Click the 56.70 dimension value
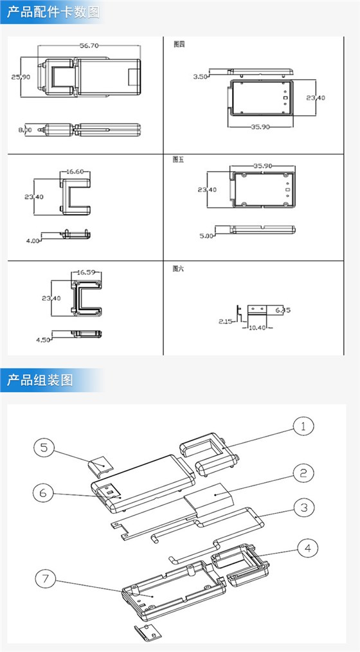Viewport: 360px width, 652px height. (89, 46)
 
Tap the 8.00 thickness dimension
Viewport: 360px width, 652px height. (25, 130)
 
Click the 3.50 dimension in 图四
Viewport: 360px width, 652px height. (200, 77)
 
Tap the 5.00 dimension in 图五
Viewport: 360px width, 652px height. (206, 236)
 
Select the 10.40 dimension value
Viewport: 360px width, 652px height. (256, 328)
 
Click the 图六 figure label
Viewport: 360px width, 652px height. (179, 269)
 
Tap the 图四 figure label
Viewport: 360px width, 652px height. (179, 45)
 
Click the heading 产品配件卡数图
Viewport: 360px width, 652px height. (53, 12)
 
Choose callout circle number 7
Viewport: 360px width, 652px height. (44, 579)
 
